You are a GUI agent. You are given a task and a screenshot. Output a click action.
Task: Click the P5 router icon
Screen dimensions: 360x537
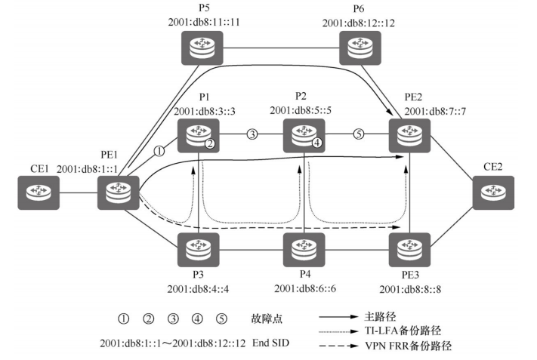[x=199, y=51]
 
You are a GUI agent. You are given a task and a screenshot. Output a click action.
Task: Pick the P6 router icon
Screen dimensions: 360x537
[x=357, y=51]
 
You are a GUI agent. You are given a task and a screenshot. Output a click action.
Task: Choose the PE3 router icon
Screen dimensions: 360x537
[x=409, y=248]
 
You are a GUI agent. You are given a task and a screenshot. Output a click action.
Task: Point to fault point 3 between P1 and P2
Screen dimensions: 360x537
[x=252, y=135]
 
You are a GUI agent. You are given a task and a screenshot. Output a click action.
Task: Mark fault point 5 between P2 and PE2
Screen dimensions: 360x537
[x=359, y=135]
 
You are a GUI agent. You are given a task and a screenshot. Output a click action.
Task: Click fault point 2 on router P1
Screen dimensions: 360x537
[x=211, y=142]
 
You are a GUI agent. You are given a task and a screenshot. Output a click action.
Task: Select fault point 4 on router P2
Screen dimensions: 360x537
[x=317, y=142]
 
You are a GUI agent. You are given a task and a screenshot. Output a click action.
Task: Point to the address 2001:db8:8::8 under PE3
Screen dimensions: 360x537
[x=409, y=288]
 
